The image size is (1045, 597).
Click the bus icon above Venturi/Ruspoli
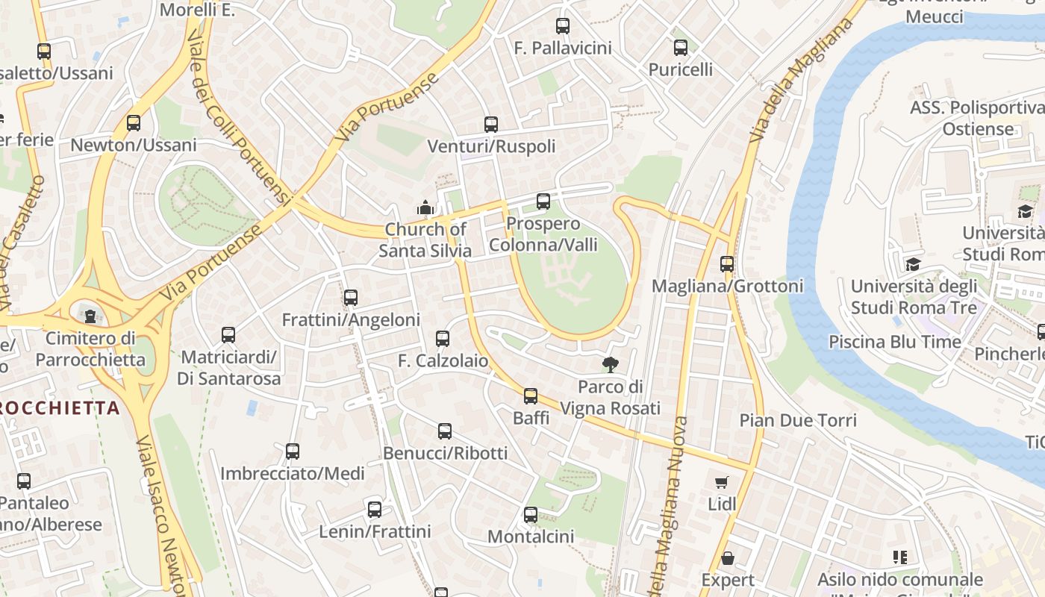[490, 125]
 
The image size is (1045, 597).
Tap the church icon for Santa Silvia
[425, 207]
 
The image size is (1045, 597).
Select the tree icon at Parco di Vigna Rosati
[611, 365]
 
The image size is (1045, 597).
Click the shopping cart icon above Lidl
[721, 482]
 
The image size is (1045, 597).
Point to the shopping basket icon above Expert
[728, 558]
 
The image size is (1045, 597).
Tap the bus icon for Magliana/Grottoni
[727, 263]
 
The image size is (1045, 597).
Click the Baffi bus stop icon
[531, 396]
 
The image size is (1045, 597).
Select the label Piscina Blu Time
[895, 342]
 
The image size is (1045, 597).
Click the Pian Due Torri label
[798, 420]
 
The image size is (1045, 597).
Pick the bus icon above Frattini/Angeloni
[351, 298]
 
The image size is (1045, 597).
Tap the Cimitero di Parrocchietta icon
[90, 316]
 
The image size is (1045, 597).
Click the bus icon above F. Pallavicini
[563, 26]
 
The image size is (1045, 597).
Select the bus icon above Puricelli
[681, 48]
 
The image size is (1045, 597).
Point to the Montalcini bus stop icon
[531, 514]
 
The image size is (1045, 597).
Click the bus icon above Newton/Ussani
[134, 123]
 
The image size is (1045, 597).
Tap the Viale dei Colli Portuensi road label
[238, 119]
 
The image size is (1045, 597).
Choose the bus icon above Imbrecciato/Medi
[293, 451]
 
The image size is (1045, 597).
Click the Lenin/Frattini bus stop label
[375, 532]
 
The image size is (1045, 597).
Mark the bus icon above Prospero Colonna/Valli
[543, 201]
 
